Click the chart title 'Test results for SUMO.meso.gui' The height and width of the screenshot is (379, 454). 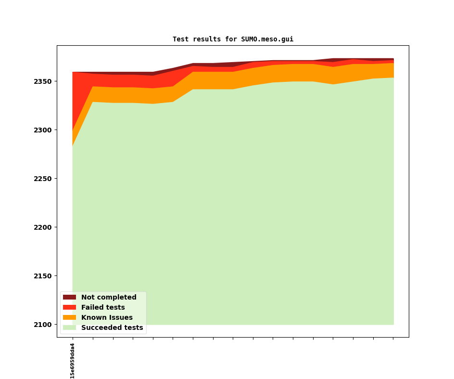(x=233, y=39)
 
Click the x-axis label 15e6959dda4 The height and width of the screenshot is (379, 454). (x=73, y=361)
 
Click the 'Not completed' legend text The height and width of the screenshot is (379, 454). (x=109, y=298)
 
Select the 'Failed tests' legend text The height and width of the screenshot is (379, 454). (x=103, y=308)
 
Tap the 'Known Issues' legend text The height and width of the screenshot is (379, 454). (x=107, y=318)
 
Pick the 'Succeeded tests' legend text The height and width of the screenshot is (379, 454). (x=112, y=328)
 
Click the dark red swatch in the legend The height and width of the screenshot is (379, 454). (x=69, y=298)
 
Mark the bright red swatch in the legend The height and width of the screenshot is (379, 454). (x=69, y=308)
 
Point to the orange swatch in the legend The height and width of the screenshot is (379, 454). (x=69, y=318)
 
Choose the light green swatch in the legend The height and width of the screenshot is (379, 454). (x=69, y=328)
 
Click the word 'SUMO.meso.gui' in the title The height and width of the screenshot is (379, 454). (x=267, y=39)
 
